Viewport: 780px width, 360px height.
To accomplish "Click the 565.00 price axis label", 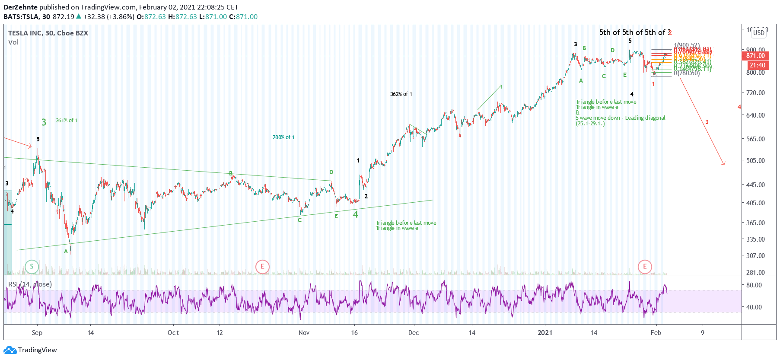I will tap(755, 139).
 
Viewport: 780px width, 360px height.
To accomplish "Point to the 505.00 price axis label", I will tap(755, 161).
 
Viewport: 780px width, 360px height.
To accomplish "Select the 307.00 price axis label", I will tap(755, 256).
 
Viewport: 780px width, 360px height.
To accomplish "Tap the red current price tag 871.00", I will tap(755, 56).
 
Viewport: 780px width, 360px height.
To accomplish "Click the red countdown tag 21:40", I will tap(757, 66).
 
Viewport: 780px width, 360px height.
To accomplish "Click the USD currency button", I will tap(759, 33).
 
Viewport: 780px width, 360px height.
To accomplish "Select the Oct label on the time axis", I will tap(173, 333).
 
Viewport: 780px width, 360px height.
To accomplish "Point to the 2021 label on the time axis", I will tap(545, 333).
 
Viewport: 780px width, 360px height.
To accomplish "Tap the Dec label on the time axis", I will tap(414, 333).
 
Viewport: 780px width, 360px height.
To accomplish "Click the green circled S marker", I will tap(32, 267).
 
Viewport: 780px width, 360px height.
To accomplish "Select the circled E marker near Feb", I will tap(645, 267).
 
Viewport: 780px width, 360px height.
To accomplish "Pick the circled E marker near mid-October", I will tap(262, 267).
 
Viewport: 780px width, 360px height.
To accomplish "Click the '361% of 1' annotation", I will tap(67, 121).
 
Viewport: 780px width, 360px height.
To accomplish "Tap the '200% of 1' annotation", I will tap(283, 137).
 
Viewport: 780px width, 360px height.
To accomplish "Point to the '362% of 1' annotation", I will tap(401, 94).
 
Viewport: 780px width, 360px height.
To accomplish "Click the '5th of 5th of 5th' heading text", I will tap(634, 32).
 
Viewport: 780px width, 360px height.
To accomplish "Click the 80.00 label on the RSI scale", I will tap(754, 285).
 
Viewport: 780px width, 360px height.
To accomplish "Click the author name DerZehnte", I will tap(20, 7).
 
